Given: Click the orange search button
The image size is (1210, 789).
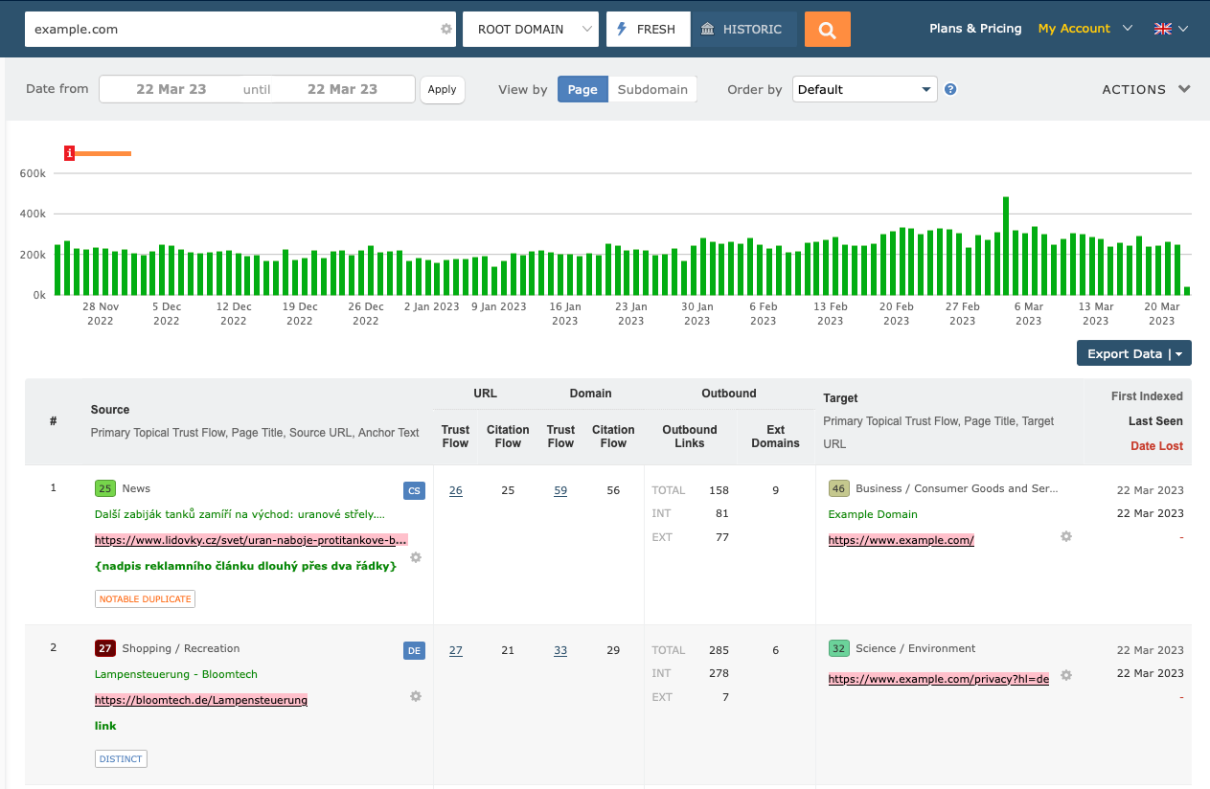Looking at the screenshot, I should click(x=828, y=29).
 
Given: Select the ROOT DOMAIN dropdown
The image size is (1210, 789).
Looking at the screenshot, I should click(x=530, y=29).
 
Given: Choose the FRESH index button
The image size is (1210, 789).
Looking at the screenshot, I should click(x=647, y=29).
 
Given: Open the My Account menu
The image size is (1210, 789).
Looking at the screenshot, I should click(x=1084, y=29).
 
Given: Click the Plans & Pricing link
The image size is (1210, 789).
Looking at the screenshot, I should click(x=975, y=29).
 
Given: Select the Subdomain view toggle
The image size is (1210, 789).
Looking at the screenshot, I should click(x=651, y=89).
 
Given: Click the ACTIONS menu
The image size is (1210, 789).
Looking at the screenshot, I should click(x=1146, y=89).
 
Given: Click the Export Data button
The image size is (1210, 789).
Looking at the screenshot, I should click(x=1133, y=353).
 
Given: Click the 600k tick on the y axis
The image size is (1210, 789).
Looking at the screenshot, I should click(x=33, y=173).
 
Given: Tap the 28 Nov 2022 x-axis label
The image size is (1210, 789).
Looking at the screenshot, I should click(x=101, y=313).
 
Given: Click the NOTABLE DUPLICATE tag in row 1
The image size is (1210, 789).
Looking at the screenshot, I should click(x=145, y=598).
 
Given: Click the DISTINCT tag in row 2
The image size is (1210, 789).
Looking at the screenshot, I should click(x=121, y=758).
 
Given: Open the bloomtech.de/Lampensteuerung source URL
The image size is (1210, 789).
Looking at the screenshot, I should click(x=201, y=700).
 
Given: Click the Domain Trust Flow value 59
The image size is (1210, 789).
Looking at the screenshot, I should click(x=560, y=490).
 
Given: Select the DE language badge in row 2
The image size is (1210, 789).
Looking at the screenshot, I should click(x=414, y=651).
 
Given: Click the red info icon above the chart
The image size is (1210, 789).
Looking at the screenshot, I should click(x=70, y=153).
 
